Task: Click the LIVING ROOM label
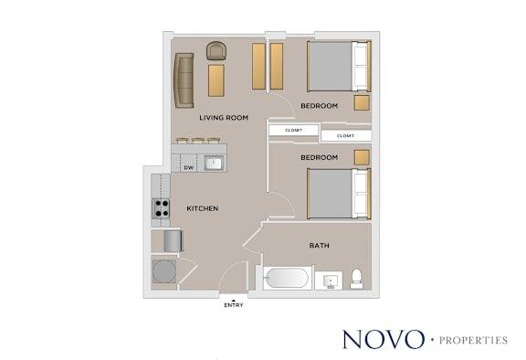tap(224, 118)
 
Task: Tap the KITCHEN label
tap(203, 208)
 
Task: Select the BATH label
tap(319, 246)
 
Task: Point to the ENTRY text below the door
tap(234, 305)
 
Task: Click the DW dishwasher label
tap(189, 167)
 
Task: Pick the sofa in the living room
tap(184, 80)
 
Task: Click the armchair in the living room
tap(216, 51)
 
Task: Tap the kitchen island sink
tap(214, 164)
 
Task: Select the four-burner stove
tap(161, 208)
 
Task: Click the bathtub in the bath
tap(286, 278)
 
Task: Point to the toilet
tap(356, 279)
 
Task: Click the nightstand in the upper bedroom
tap(362, 102)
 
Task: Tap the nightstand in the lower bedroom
tap(362, 157)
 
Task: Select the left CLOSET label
tap(293, 130)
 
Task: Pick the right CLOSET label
tap(345, 136)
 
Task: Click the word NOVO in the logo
tap(384, 339)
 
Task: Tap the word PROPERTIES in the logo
tap(473, 341)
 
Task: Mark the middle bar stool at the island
tap(198, 141)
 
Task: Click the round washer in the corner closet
tap(164, 271)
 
